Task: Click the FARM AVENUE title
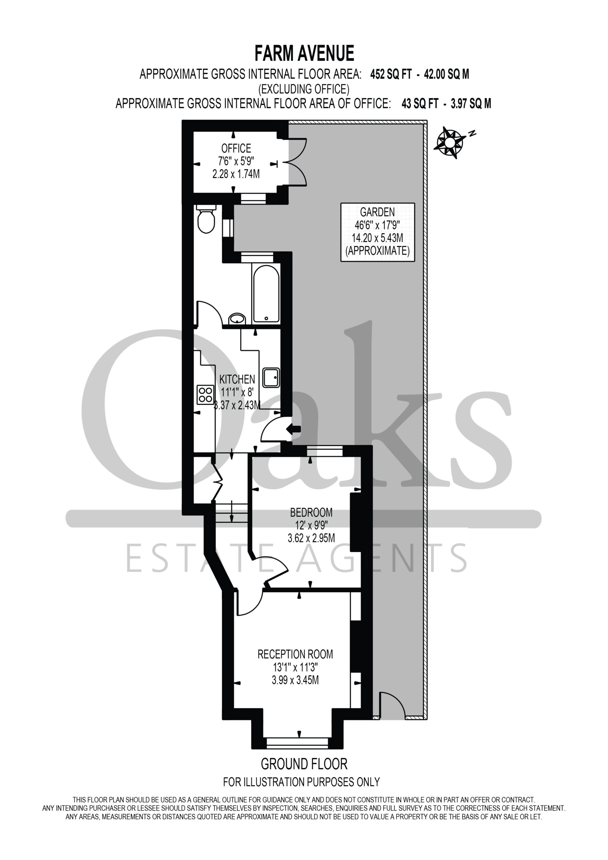point(304,53)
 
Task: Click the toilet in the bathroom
point(206,219)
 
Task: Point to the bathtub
point(266,293)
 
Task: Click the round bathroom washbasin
point(237,319)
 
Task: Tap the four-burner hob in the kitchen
point(205,395)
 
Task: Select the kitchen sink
point(271,377)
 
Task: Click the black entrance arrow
point(293,429)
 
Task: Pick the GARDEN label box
point(378,232)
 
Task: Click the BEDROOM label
point(311,512)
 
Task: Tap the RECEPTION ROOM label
point(295,654)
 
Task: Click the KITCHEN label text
point(237,379)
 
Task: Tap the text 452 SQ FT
point(391,74)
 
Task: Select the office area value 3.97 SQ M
point(471,103)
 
